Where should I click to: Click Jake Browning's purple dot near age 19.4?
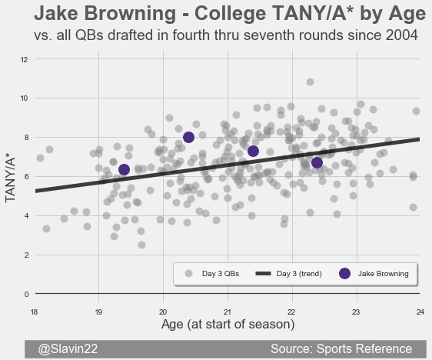124,169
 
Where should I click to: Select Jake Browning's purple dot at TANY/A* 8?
188,137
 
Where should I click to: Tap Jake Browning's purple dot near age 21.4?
253,151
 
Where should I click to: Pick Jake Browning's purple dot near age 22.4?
317,162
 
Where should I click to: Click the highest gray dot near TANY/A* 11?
310,82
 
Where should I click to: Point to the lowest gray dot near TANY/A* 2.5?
141,245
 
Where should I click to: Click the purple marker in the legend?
344,273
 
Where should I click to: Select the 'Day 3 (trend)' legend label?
299,274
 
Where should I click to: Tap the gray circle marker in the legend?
188,273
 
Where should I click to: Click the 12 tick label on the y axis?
25,59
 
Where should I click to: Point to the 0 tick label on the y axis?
26,295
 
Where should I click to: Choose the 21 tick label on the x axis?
228,312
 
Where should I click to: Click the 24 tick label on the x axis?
420,312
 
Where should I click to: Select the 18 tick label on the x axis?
34,312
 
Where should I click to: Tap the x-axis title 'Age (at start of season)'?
228,325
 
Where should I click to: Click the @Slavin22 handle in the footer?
68,349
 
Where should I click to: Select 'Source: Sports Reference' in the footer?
341,349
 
